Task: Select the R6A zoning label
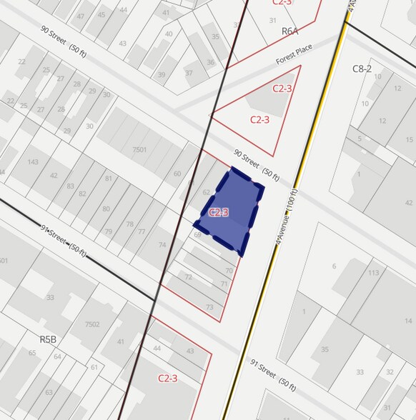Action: tap(289, 31)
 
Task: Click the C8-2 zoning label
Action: tap(362, 69)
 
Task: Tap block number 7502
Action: tap(91, 324)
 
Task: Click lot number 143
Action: tap(32, 161)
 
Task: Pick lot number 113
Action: tap(373, 272)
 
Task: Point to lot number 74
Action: tap(162, 245)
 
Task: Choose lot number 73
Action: tap(209, 307)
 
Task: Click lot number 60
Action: tap(177, 174)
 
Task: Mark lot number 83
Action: tap(70, 186)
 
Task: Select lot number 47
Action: tap(80, 16)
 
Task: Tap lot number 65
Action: tap(31, 353)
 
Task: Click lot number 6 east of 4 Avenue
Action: tap(334, 266)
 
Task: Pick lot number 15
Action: tap(410, 140)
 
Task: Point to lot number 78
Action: tap(129, 224)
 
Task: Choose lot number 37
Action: tap(189, 73)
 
